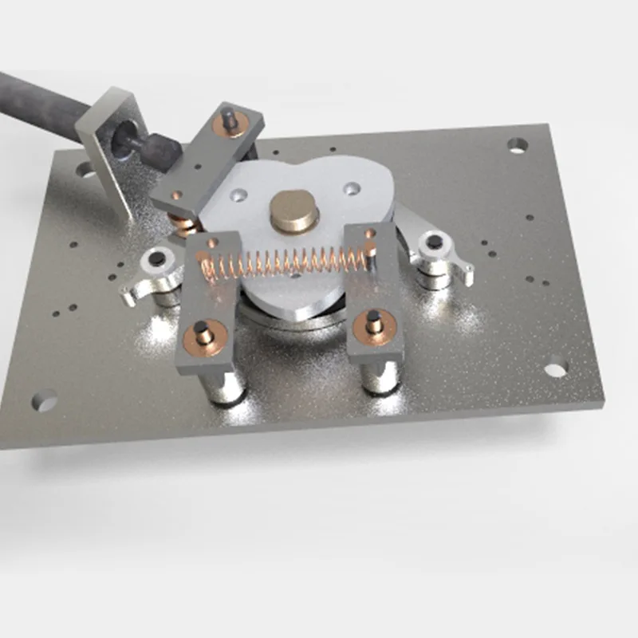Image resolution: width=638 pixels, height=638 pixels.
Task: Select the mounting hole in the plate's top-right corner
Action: point(518,145)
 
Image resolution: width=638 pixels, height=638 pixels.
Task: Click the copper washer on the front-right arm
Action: point(374,324)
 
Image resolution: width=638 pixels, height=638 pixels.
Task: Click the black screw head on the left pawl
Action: point(157,259)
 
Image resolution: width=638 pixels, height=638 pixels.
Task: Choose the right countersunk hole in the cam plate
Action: point(350,188)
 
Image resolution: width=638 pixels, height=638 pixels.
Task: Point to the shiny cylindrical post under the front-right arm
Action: point(380,375)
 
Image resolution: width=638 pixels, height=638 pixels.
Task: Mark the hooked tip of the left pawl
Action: point(127,299)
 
